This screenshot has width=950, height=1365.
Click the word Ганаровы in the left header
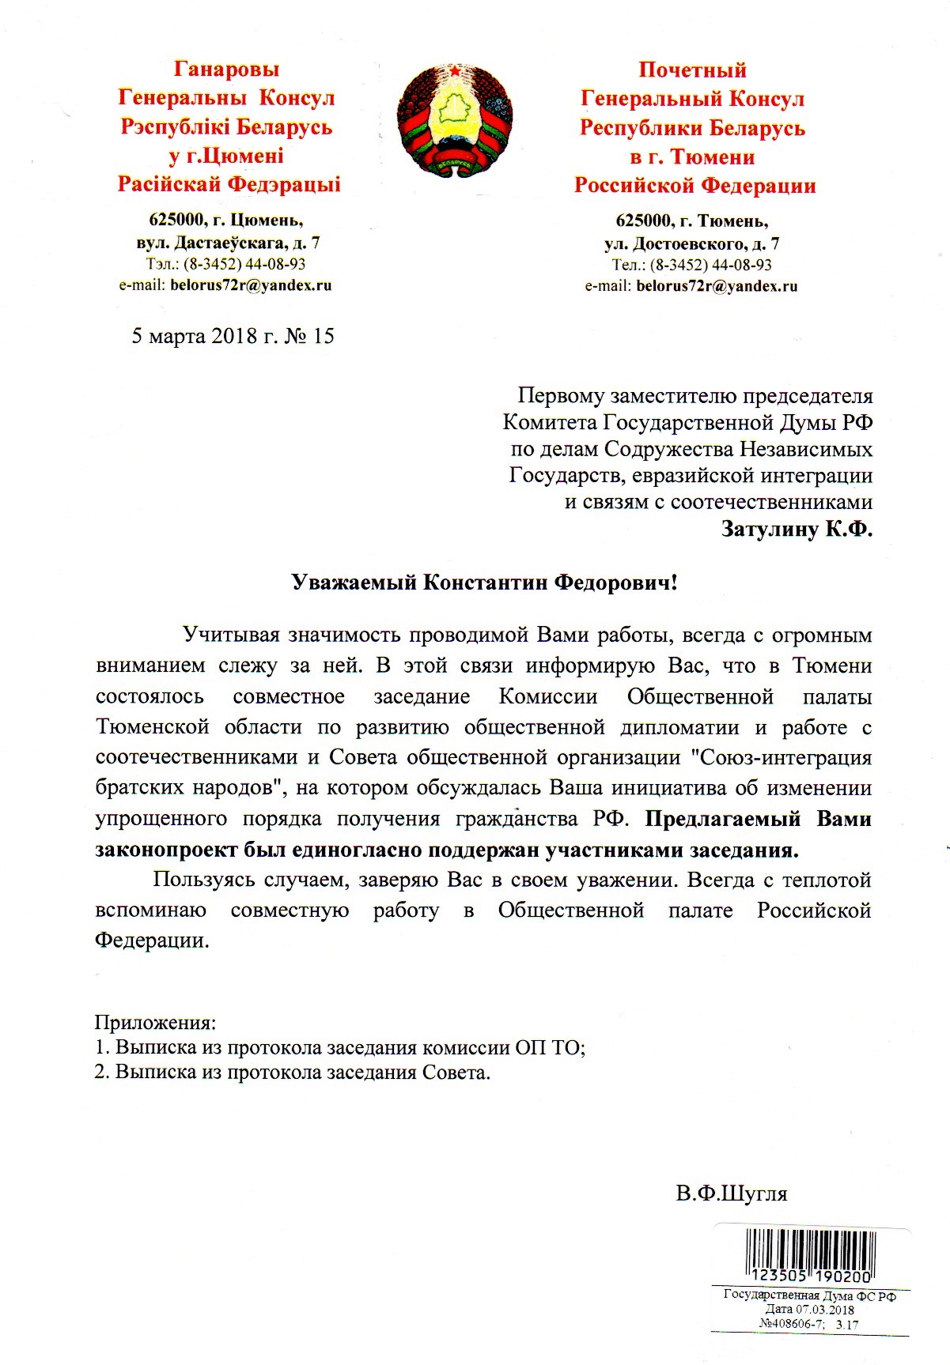[x=226, y=70]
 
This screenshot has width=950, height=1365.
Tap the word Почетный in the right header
[x=692, y=70]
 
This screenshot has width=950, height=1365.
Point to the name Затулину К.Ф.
[x=797, y=529]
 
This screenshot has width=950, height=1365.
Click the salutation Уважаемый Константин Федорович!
[x=484, y=583]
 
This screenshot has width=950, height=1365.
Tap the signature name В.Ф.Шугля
[x=732, y=1193]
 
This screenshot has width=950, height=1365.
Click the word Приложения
[x=155, y=1022]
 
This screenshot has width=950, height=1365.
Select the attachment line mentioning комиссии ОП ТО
[x=340, y=1048]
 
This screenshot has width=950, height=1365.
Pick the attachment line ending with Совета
[x=293, y=1073]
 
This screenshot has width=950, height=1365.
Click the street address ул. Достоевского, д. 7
[x=692, y=243]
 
